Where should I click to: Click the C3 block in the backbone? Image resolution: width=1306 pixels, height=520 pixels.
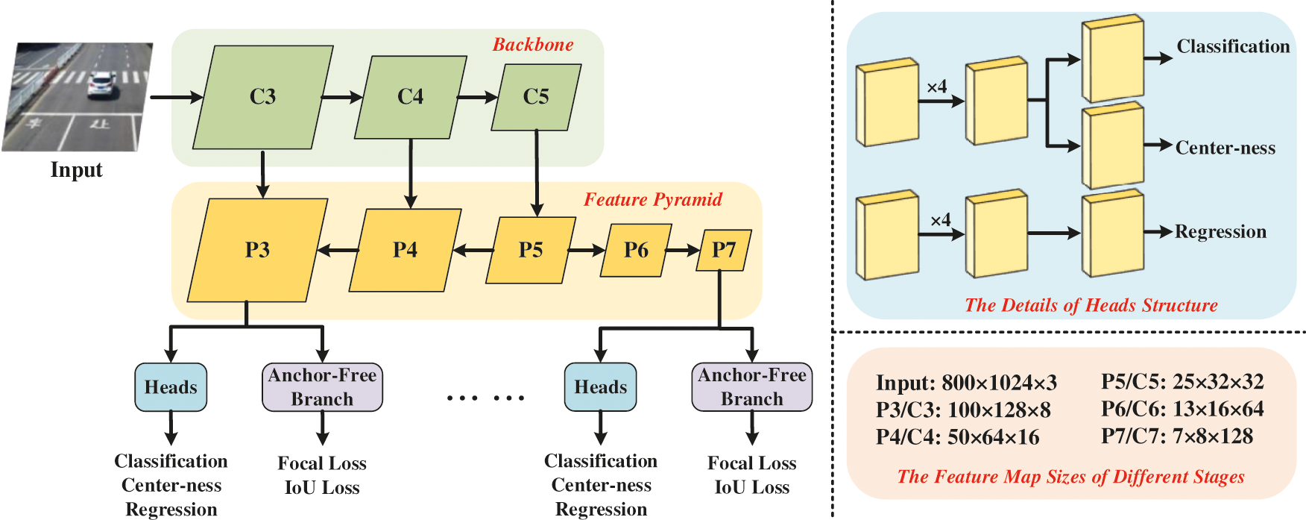(262, 97)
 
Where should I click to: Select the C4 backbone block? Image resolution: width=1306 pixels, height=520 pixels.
(411, 97)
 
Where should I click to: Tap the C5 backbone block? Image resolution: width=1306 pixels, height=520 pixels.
(536, 97)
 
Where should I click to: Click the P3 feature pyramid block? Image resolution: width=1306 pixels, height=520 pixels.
(257, 250)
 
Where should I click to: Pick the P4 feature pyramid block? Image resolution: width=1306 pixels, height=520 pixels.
(406, 250)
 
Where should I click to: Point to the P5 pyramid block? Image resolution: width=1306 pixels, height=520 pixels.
(531, 250)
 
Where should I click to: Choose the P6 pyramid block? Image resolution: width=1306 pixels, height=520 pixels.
(636, 250)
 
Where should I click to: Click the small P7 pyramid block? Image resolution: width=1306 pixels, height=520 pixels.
(723, 250)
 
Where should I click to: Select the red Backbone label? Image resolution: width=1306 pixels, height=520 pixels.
(533, 45)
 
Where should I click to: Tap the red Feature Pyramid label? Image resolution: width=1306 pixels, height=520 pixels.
(653, 200)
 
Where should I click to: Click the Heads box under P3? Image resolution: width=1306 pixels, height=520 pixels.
(171, 387)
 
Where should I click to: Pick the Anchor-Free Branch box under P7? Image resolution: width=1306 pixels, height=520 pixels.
(752, 387)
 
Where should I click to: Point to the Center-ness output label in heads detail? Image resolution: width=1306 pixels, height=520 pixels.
(1225, 148)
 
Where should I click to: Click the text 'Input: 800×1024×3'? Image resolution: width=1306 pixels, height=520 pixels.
(967, 383)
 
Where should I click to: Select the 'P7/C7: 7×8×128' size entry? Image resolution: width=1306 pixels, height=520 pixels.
(1177, 436)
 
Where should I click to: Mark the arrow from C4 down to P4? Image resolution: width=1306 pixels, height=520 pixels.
(411, 173)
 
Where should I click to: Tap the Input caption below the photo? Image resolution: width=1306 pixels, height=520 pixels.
(76, 170)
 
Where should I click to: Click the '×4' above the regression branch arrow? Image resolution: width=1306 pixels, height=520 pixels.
(941, 220)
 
